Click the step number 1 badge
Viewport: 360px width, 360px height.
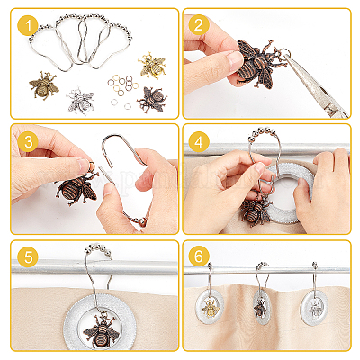click(28, 25)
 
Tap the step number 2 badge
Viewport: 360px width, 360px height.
click(199, 25)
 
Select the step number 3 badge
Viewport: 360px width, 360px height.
click(28, 141)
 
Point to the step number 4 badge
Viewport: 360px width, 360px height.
click(199, 141)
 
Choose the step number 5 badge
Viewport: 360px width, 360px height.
click(28, 256)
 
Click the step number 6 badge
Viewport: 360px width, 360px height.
click(199, 256)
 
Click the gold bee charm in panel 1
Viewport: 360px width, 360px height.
click(152, 66)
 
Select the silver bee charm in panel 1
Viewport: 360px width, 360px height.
click(81, 101)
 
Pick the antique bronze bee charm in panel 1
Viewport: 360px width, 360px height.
click(44, 85)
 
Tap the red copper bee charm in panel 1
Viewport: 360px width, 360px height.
click(152, 100)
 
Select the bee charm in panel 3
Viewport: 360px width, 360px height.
click(77, 186)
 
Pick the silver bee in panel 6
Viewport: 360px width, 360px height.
click(314, 309)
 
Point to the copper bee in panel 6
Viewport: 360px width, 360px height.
click(260, 308)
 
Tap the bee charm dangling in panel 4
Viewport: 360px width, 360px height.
click(254, 211)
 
